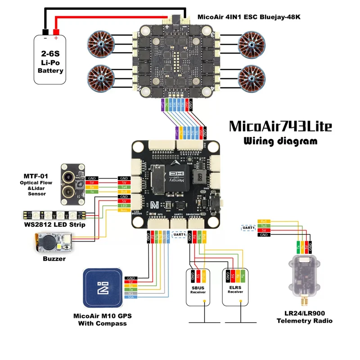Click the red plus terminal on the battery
pyautogui.click(x=56, y=32)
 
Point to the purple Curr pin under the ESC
pyautogui.click(x=162, y=106)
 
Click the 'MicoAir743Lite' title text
pyautogui.click(x=280, y=126)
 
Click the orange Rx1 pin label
pyautogui.click(x=263, y=221)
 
